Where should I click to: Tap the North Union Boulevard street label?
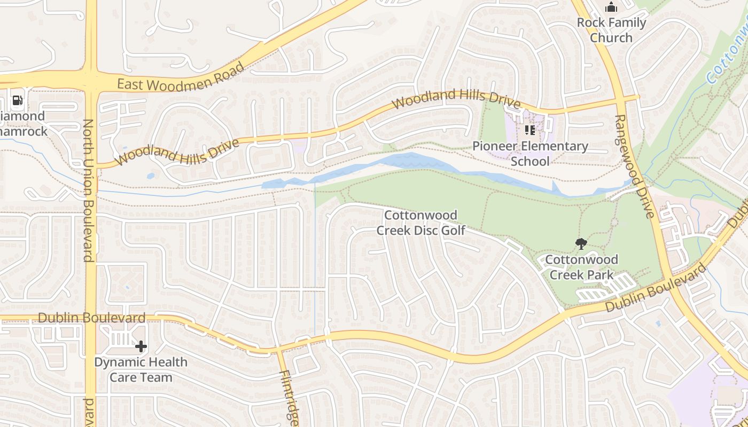click(x=88, y=191)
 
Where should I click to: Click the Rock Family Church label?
click(x=611, y=30)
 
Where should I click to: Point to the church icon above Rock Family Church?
click(x=611, y=7)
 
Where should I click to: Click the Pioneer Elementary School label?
click(x=530, y=154)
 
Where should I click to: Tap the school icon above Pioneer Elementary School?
click(x=530, y=130)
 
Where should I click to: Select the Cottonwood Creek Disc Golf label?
click(x=421, y=223)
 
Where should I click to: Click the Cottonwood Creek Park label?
click(x=581, y=267)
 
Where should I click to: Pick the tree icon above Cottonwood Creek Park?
click(x=581, y=244)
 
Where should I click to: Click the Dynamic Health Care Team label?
click(x=141, y=370)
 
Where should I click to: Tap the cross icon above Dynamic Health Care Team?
click(x=141, y=347)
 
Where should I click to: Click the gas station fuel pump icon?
click(x=17, y=100)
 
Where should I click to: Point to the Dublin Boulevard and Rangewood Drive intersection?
click(x=666, y=280)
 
